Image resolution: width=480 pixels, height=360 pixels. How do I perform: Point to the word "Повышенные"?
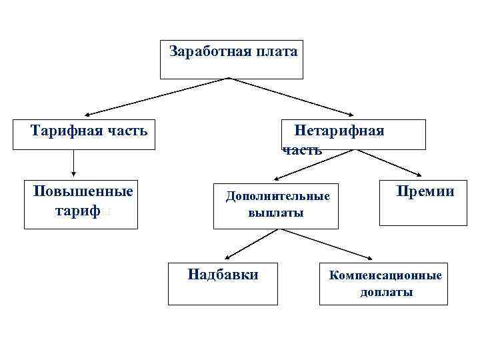click(83, 191)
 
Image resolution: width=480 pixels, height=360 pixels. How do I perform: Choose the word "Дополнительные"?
click(277, 197)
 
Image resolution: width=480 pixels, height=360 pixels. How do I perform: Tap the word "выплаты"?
click(276, 213)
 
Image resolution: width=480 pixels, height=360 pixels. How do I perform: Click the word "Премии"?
click(425, 192)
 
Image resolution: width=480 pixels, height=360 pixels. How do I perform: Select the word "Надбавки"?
click(223, 274)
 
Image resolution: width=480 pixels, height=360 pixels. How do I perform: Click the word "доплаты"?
click(386, 292)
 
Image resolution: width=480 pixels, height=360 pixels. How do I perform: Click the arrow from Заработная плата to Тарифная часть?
click(157, 97)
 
